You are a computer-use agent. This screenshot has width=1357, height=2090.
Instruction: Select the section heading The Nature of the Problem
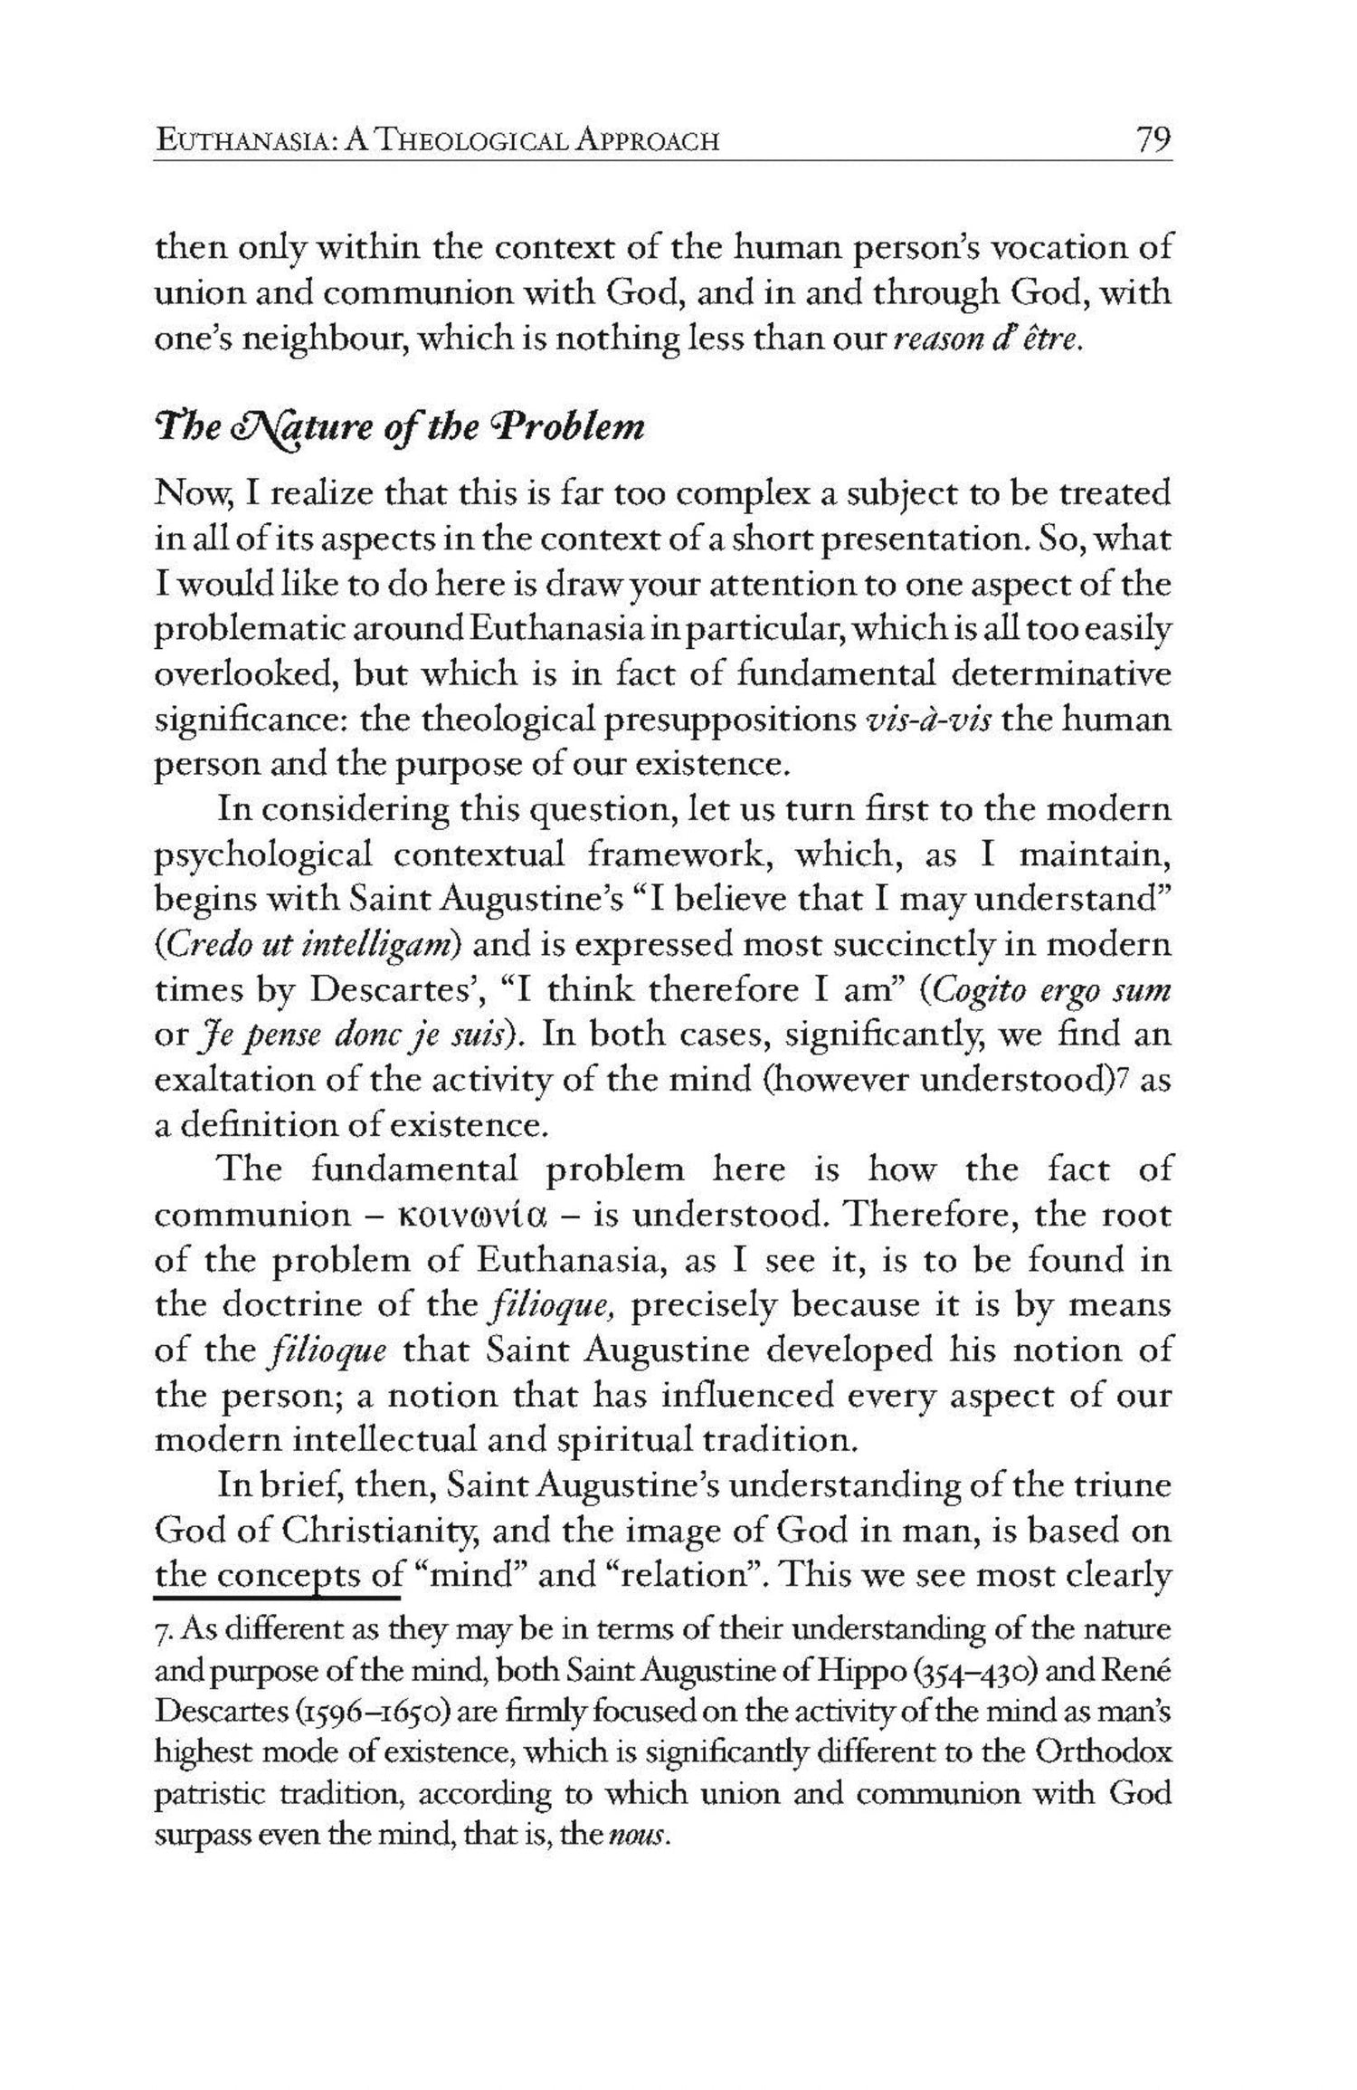400,425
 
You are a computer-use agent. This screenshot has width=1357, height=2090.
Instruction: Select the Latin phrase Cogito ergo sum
1051,990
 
